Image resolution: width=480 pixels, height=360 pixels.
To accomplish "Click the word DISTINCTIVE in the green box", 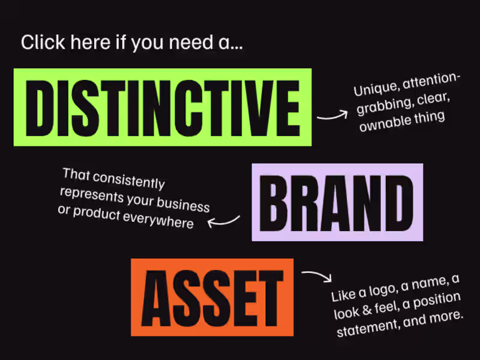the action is [x=163, y=108].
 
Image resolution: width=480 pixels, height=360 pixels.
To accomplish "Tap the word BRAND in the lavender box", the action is [x=337, y=203].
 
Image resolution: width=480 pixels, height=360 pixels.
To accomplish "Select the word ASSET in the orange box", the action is [x=212, y=298].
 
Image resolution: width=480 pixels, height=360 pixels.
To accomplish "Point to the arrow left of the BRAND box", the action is [x=223, y=221].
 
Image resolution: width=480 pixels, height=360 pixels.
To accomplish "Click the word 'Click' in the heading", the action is [x=43, y=42].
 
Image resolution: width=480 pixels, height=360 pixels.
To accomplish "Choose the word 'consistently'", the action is [x=129, y=181].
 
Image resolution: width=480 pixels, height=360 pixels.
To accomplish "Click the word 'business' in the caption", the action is [x=183, y=204].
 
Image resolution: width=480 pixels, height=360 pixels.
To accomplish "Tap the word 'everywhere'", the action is [x=158, y=220].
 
